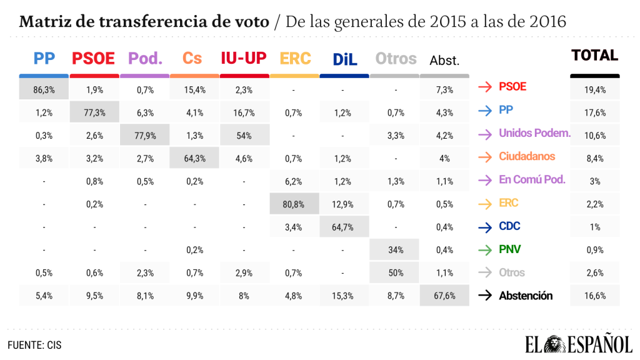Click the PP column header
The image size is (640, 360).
pos(44,58)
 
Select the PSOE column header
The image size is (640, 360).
pos(94,59)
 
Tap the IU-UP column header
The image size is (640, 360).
pos(244,58)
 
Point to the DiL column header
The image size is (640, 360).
pos(344,59)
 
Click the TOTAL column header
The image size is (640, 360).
pos(594,55)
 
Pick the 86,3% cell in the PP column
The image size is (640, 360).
pos(44,89)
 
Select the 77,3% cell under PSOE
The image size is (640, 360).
pos(94,113)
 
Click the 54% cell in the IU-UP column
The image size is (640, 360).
pos(244,135)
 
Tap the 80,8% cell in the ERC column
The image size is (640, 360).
pos(294,203)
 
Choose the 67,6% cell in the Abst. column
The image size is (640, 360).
pos(444,296)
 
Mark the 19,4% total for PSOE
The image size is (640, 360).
pos(594,89)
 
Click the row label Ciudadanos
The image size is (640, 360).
pos(527,156)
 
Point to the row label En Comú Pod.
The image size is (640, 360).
pos(532,179)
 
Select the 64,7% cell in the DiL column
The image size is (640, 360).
pos(344,226)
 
